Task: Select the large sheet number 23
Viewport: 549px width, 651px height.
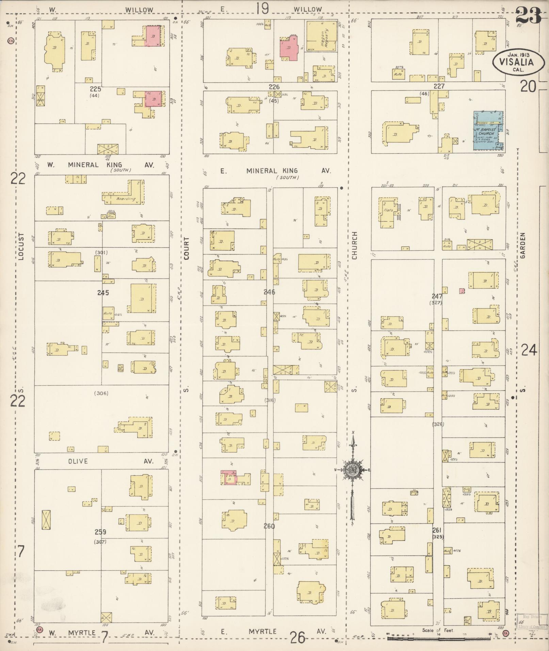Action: tap(529, 14)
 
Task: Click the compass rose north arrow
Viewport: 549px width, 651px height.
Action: tap(353, 471)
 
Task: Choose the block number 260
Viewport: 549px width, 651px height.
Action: tap(269, 526)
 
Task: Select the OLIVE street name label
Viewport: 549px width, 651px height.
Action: tap(78, 461)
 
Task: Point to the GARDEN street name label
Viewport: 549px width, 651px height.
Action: tap(523, 245)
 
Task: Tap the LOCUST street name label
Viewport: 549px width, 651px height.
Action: tap(21, 247)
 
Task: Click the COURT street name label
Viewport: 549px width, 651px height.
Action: tap(186, 248)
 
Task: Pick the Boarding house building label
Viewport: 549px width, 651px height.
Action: tap(126, 199)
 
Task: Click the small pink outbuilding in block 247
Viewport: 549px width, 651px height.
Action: tap(462, 291)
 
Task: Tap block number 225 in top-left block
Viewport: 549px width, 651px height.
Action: tap(96, 89)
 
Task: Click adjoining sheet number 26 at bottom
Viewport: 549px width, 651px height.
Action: tap(297, 637)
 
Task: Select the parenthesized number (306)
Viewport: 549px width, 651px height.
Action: tap(101, 393)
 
